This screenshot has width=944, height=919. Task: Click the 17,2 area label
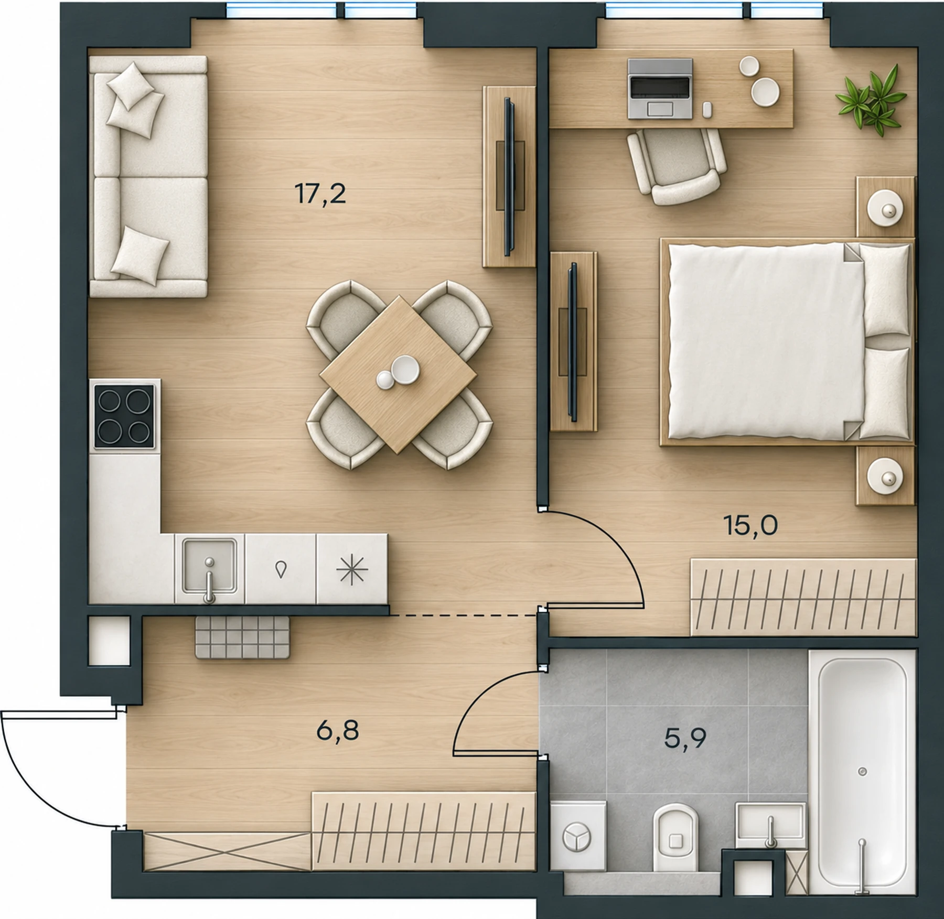[x=320, y=194]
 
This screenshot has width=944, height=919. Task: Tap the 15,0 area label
[x=750, y=525]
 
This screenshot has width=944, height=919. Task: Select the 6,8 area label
[x=338, y=730]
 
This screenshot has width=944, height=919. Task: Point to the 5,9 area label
[x=685, y=738]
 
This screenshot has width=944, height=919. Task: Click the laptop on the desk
[x=660, y=88]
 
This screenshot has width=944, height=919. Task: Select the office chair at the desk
[x=677, y=166]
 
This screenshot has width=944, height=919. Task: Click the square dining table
[x=398, y=375]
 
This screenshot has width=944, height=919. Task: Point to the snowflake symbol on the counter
[x=351, y=569]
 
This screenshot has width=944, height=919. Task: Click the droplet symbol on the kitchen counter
[x=281, y=569]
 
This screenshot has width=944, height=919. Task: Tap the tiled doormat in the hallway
[x=242, y=637]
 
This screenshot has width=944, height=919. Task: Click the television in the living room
[x=508, y=177]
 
